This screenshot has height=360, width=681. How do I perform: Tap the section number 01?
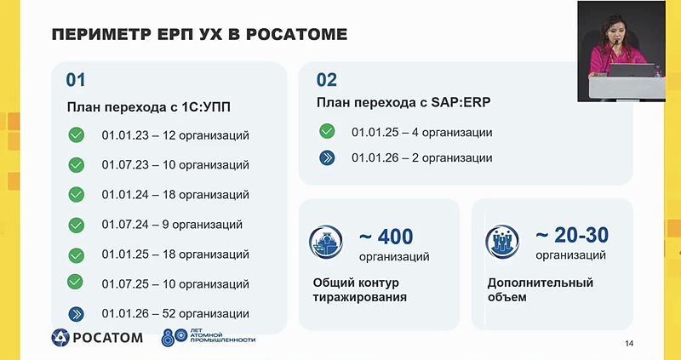point(77,80)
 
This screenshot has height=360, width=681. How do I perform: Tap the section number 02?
point(326,80)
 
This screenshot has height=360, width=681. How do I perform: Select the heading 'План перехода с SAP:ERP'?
point(403,102)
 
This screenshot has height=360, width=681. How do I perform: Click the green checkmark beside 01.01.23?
point(77,134)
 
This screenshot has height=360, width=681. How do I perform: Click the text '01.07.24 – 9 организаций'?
point(172,225)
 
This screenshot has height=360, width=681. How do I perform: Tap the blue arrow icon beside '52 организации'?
point(77,313)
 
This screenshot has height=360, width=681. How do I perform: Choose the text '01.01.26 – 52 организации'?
point(175,313)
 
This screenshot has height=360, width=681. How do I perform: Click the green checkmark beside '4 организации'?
point(327,131)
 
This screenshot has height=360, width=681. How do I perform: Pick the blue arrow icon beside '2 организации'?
point(327,157)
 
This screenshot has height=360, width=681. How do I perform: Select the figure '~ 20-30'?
point(572,235)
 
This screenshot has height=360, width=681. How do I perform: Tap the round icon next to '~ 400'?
point(326,243)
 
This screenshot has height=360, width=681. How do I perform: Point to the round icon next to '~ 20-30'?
point(501,243)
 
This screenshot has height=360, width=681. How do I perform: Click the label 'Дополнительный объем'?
point(540,290)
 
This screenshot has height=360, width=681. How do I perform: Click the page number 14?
point(629,343)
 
